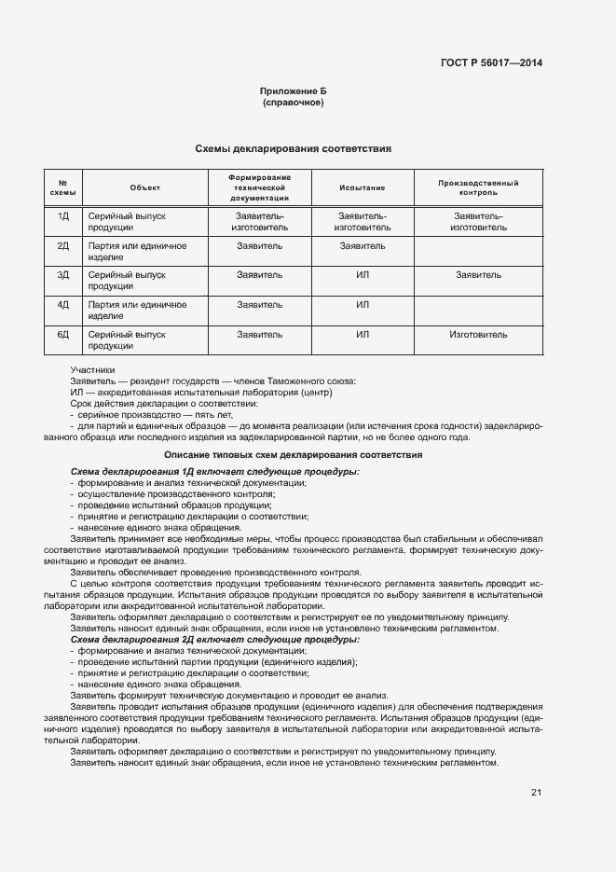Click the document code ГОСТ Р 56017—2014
coord(491,63)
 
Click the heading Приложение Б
coord(293,91)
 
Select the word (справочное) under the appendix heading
coord(293,103)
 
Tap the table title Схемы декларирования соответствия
coord(293,148)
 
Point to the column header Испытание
coord(363,187)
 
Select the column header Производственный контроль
coord(478,187)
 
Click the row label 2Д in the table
coord(63,246)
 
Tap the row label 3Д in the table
coord(63,275)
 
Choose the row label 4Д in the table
coord(63,305)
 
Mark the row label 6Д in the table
coord(63,334)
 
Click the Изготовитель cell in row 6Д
coord(478,334)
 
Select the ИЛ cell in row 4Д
coord(363,305)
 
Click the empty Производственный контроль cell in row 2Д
coord(478,251)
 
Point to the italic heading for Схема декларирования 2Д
coord(214,640)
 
